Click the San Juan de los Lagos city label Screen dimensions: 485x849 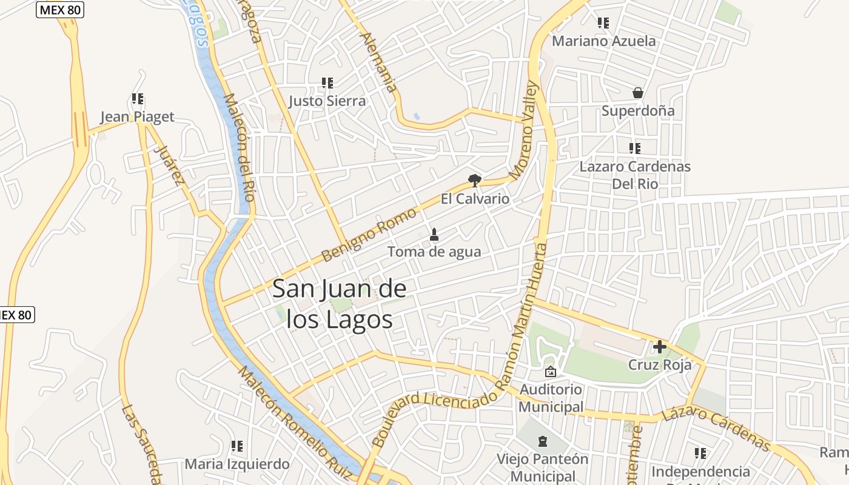click(339, 304)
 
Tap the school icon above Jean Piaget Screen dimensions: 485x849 click(138, 98)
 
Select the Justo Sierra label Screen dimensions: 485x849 click(327, 101)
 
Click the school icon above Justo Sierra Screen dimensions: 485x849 click(327, 82)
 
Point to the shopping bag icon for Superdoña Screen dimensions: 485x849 click(637, 93)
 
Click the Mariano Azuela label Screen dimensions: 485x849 click(603, 41)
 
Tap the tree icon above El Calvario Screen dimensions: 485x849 click(475, 180)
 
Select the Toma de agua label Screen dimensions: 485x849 click(434, 252)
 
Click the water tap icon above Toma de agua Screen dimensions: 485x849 click(434, 234)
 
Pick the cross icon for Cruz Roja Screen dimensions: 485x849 click(659, 347)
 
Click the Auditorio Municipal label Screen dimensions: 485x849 click(551, 398)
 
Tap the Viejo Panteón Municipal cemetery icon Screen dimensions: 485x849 click(543, 441)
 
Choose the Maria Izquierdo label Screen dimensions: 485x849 click(237, 464)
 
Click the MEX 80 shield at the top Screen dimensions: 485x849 click(59, 10)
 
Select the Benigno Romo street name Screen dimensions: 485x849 click(369, 234)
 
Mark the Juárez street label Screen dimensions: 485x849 click(169, 164)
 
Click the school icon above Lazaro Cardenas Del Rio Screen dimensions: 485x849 click(635, 148)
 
